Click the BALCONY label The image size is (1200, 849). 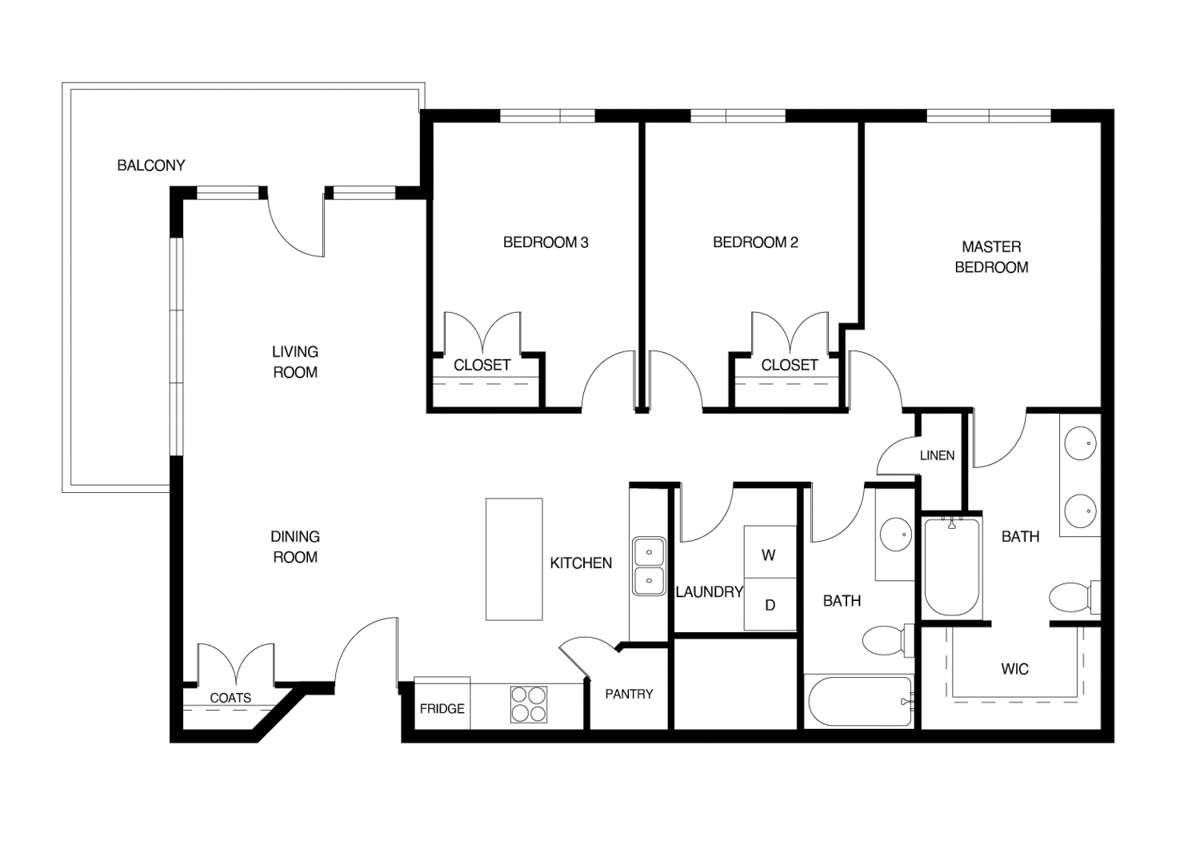coord(151,165)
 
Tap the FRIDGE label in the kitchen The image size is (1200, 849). coord(442,709)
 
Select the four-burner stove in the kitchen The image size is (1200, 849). coord(529,704)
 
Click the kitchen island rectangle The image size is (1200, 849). coord(514,559)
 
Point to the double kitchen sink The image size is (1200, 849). coord(649,566)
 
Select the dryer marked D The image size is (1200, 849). coord(770,604)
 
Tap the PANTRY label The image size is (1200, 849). coord(629,694)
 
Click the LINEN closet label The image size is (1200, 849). coord(937,455)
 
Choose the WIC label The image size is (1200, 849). coord(1014,669)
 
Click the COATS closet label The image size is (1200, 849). coord(230,698)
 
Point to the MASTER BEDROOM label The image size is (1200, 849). coord(992,257)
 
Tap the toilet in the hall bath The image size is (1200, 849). coord(888,640)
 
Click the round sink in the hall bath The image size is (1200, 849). coord(896,535)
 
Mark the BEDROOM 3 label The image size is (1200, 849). coord(546,242)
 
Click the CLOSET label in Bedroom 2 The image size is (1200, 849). coord(790,365)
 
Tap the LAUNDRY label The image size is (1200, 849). coord(710,591)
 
